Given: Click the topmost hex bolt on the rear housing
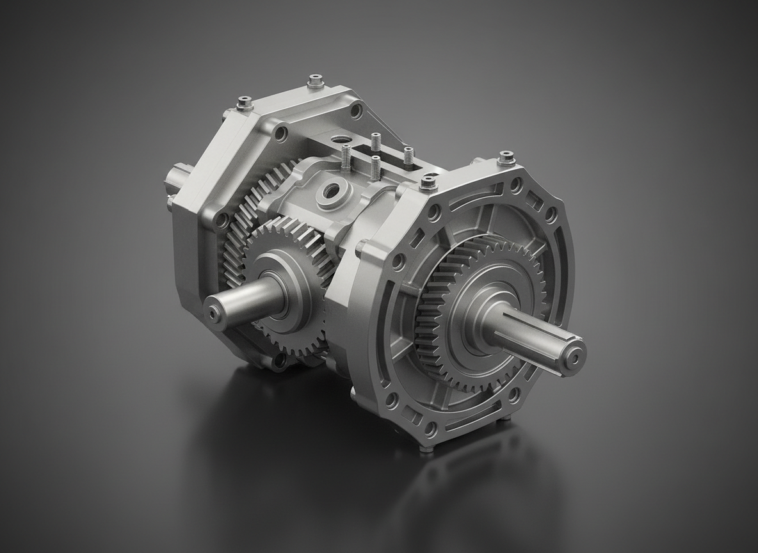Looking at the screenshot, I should [314, 82].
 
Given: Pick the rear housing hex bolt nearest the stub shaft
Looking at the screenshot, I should [244, 102].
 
